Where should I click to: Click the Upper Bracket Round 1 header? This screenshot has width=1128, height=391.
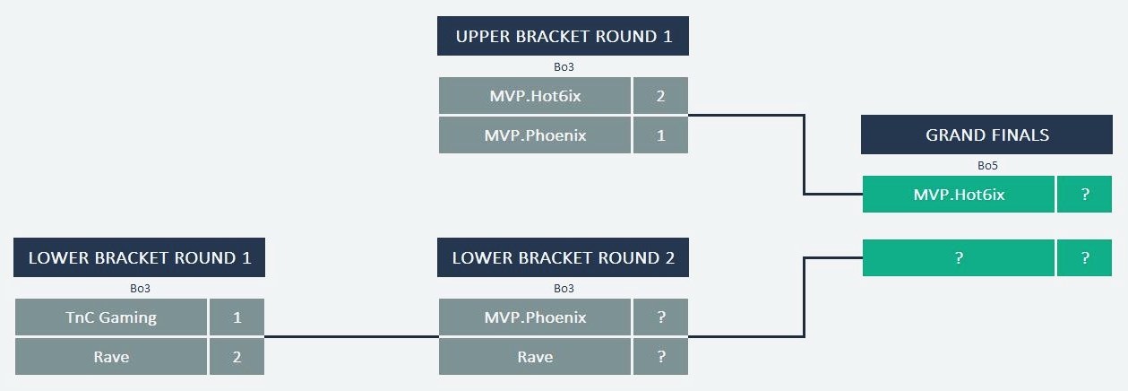pyautogui.click(x=563, y=37)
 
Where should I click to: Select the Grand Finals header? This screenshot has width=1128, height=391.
pyautogui.click(x=987, y=135)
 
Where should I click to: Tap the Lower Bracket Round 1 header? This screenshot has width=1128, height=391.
pyautogui.click(x=140, y=258)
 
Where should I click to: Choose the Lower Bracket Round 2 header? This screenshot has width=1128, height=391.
pyautogui.click(x=563, y=258)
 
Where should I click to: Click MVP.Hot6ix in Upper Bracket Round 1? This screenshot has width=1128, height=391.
pyautogui.click(x=535, y=96)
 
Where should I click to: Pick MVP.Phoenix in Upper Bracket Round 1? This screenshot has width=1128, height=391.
pyautogui.click(x=535, y=135)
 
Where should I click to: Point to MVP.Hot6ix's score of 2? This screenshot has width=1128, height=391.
pyautogui.click(x=661, y=96)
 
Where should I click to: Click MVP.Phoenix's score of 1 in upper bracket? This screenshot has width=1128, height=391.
pyautogui.click(x=661, y=135)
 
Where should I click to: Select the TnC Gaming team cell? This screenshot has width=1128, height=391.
pyautogui.click(x=111, y=317)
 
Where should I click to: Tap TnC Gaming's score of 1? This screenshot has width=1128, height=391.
pyautogui.click(x=237, y=317)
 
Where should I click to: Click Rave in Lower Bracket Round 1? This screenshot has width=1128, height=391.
pyautogui.click(x=111, y=357)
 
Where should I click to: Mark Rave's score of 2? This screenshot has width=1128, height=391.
pyautogui.click(x=237, y=357)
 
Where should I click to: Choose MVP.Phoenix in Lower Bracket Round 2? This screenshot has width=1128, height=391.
pyautogui.click(x=535, y=317)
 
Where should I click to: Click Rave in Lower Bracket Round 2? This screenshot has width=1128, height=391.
pyautogui.click(x=535, y=357)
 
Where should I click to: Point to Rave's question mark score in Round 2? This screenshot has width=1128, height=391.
pyautogui.click(x=661, y=357)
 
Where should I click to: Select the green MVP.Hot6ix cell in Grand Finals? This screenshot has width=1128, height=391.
pyautogui.click(x=958, y=195)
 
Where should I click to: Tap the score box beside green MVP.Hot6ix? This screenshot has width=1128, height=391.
pyautogui.click(x=1085, y=195)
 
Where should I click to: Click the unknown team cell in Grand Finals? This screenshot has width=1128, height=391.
pyautogui.click(x=958, y=258)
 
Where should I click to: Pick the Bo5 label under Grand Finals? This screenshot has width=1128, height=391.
pyautogui.click(x=987, y=165)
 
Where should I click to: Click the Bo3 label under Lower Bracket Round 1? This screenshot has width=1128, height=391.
pyautogui.click(x=140, y=289)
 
